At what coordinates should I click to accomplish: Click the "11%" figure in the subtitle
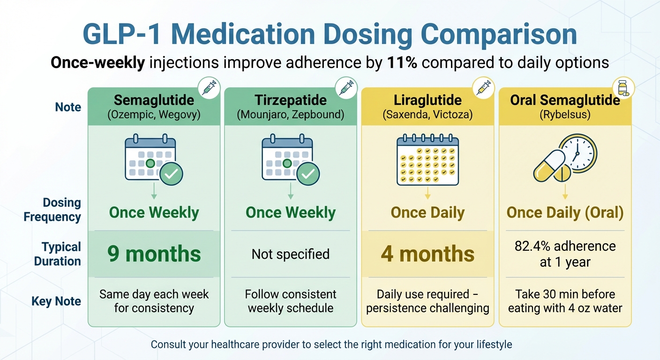pos(402,63)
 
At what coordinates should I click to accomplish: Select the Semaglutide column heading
pos(154,100)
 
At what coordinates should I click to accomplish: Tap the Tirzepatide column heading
pos(291,100)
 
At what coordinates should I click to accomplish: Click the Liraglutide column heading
pos(427,100)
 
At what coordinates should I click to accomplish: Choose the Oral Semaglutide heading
pos(565,100)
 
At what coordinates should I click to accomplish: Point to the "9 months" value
pos(154,254)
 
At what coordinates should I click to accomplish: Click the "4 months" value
pos(427,254)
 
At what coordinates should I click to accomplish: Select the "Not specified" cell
pos(291,254)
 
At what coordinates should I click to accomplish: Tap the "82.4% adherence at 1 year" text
pos(565,254)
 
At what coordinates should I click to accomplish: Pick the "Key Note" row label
pos(56,301)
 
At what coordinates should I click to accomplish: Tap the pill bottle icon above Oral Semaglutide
pos(623,88)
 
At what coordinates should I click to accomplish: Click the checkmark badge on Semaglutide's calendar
pos(171,174)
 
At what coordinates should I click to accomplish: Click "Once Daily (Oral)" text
pos(565,213)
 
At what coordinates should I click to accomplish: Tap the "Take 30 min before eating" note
pos(565,301)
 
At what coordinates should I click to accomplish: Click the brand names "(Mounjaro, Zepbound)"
pos(291,114)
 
